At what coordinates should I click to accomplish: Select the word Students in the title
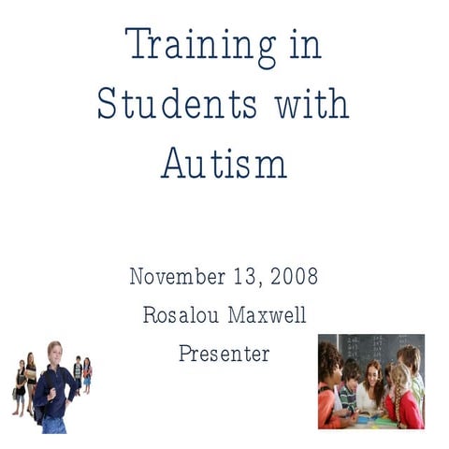point(177,103)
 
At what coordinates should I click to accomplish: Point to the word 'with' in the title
point(311,103)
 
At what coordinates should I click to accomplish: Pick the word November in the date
point(176,277)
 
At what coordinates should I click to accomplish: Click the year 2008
point(294,277)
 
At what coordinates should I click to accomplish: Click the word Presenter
point(224,354)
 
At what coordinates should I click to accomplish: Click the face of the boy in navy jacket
point(53,353)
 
